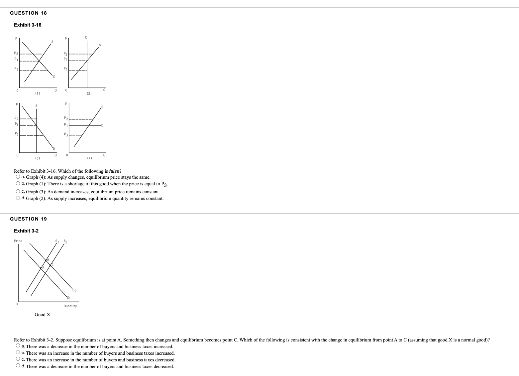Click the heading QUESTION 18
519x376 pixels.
click(29, 13)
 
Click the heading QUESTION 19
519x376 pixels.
click(29, 219)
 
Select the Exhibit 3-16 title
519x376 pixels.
click(28, 25)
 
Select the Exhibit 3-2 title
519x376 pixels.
click(26, 231)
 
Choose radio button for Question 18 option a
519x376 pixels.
click(18, 177)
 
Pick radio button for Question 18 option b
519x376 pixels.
click(18, 183)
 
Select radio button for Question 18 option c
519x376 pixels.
click(18, 191)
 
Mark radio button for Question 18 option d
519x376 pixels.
click(18, 198)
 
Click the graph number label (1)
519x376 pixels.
click(38, 94)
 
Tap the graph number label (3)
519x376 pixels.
click(38, 158)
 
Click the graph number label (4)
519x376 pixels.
click(89, 158)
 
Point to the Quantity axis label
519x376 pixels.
click(70, 306)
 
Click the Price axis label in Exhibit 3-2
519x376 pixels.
click(18, 241)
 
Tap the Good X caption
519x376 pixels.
click(43, 315)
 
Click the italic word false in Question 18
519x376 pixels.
click(114, 171)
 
